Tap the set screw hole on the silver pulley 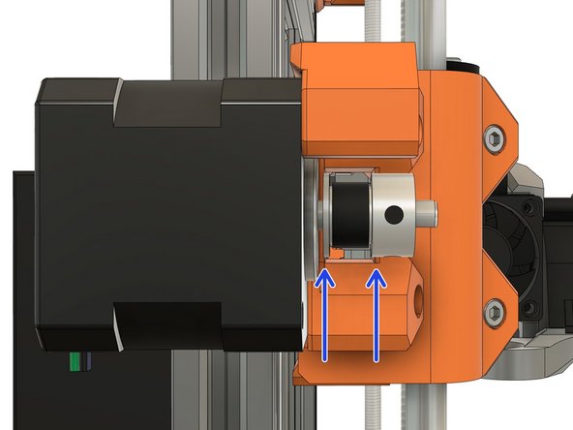[393, 213]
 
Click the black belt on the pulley [344, 214]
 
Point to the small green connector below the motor [74, 363]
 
